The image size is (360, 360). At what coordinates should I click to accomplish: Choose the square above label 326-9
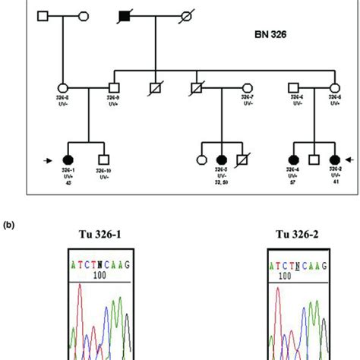[114, 86]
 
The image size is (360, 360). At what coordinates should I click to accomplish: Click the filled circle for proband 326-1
[68, 159]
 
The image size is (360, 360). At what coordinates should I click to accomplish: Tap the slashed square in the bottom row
[244, 159]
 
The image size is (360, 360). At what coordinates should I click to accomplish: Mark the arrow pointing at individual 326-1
[48, 159]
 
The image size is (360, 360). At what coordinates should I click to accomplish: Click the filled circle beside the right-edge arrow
[334, 159]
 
